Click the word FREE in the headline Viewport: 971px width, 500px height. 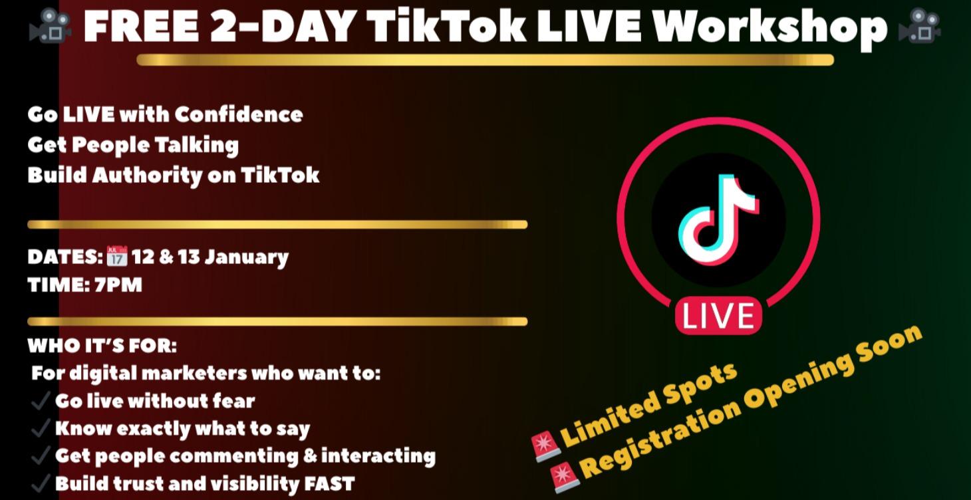tap(140, 27)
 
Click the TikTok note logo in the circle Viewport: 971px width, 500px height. tap(718, 219)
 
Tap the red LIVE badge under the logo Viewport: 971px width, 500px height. tap(718, 316)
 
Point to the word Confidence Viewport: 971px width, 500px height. tap(239, 114)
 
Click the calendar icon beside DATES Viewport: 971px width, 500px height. tap(116, 257)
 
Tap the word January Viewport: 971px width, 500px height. tap(246, 257)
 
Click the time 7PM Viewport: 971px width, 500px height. tap(118, 285)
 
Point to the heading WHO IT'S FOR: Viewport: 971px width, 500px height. tap(102, 346)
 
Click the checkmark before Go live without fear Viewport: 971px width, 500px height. tap(41, 401)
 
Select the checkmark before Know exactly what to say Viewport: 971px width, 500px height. tap(41, 429)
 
